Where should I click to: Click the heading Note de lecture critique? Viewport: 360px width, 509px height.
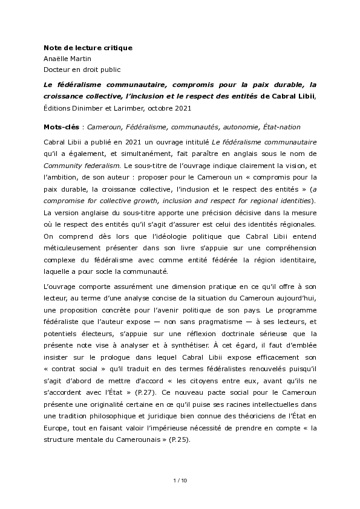pos(88,47)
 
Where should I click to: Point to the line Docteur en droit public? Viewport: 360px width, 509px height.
pos(82,70)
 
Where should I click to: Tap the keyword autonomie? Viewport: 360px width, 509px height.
pos(241,127)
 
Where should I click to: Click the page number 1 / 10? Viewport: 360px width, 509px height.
pos(180,481)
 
